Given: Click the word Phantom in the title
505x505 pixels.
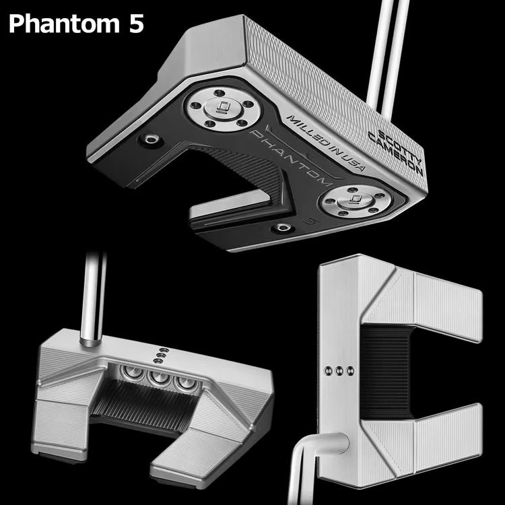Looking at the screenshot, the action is (x=64, y=24).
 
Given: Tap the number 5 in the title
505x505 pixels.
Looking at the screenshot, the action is (x=136, y=24).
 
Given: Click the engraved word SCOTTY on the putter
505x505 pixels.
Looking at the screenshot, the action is (x=400, y=147).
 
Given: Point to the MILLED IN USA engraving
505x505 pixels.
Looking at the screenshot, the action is (x=326, y=142).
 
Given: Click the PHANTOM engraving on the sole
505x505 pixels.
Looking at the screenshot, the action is (x=290, y=158).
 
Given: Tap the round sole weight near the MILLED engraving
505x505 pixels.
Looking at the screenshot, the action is (x=223, y=109).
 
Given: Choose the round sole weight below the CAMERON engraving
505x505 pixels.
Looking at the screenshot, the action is (x=355, y=201).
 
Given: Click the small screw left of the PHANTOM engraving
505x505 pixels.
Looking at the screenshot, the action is (x=150, y=139).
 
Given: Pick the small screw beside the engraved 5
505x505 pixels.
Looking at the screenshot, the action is (x=282, y=228).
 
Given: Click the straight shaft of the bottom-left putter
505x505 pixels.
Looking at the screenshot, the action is (x=94, y=298).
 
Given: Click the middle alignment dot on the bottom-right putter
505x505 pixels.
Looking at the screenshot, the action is (x=339, y=371).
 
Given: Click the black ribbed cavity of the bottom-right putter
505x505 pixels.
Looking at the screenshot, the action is (x=386, y=371).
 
